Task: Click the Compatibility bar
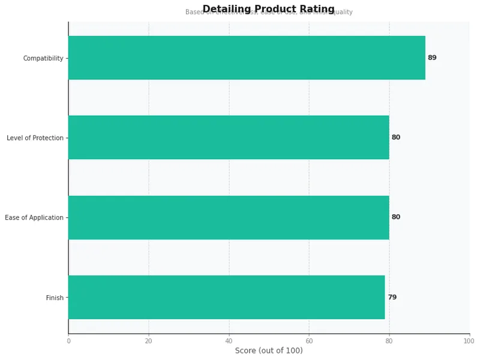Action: click(247, 58)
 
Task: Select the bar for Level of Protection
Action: click(229, 137)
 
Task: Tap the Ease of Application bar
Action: click(229, 217)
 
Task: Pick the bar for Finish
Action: click(226, 297)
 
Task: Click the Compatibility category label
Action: click(43, 58)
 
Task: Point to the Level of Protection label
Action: click(35, 138)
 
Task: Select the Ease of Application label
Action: click(34, 218)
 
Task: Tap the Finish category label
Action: click(55, 298)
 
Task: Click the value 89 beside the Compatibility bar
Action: click(432, 58)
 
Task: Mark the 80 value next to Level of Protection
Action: click(396, 137)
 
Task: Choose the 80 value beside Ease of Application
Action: click(396, 217)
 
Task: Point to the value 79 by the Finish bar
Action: click(392, 297)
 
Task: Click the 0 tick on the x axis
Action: click(68, 341)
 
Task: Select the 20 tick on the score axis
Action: click(149, 341)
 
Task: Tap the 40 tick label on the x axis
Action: click(229, 341)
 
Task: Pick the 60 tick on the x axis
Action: click(309, 341)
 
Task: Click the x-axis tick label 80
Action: click(389, 341)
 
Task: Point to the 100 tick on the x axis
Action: click(469, 341)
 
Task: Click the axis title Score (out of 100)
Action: click(269, 350)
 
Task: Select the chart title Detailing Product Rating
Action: click(269, 8)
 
